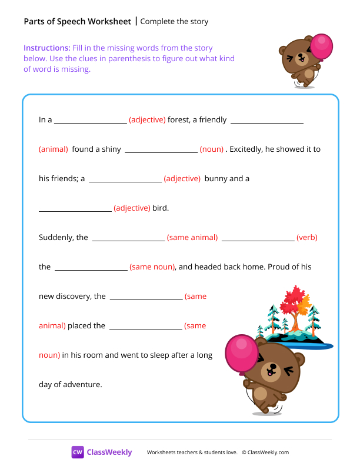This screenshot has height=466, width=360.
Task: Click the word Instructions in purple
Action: [x=46, y=48]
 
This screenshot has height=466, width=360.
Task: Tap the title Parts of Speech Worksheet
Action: [x=77, y=22]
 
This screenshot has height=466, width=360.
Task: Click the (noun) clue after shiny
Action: [x=211, y=149]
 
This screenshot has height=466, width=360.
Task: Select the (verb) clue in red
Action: [x=307, y=238]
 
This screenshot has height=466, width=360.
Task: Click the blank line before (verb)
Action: [x=258, y=239]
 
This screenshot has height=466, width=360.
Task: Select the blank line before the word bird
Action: [x=75, y=210]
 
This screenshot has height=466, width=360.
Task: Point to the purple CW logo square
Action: [x=78, y=452]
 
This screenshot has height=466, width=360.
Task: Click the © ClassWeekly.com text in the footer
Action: [x=265, y=452]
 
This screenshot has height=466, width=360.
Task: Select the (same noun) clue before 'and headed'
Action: [x=152, y=267]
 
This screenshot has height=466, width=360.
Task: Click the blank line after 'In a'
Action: [x=91, y=122]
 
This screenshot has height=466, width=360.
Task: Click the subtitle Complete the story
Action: [x=175, y=22]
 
